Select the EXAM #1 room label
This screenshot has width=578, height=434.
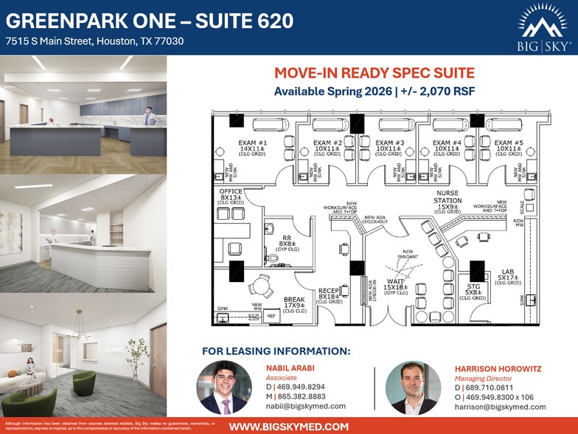[x=252, y=148]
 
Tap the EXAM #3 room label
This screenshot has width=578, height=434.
[x=389, y=148]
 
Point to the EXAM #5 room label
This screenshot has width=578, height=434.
[x=509, y=148]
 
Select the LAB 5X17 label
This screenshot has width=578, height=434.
[x=507, y=277]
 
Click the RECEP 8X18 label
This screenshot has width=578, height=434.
[x=328, y=296]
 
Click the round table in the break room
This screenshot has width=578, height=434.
[x=259, y=284]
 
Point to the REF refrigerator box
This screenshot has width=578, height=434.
[x=271, y=316]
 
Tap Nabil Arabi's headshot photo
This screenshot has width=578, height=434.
[x=219, y=387]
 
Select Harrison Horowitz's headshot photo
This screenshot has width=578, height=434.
[x=407, y=387]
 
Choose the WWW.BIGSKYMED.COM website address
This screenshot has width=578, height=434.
[x=289, y=426]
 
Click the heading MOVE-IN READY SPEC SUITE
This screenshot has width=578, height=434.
[x=375, y=73]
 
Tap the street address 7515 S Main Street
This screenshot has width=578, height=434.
[x=94, y=41]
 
